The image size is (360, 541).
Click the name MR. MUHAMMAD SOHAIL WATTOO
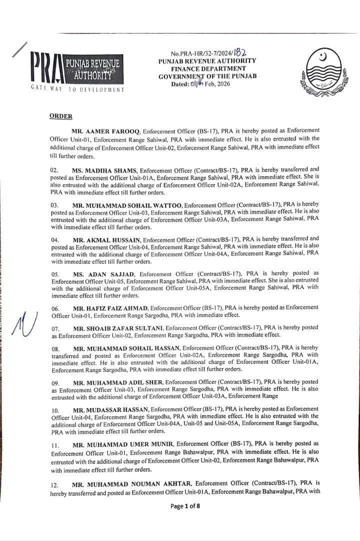pyautogui.click(x=127, y=204)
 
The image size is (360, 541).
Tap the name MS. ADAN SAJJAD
pyautogui.click(x=103, y=274)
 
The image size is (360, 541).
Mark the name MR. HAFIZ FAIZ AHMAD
pyautogui.click(x=110, y=307)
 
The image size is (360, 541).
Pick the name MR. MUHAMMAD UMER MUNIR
pyautogui.click(x=122, y=443)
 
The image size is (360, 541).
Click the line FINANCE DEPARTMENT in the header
pyautogui.click(x=208, y=68)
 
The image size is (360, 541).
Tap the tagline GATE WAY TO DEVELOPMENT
pyautogui.click(x=77, y=89)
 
